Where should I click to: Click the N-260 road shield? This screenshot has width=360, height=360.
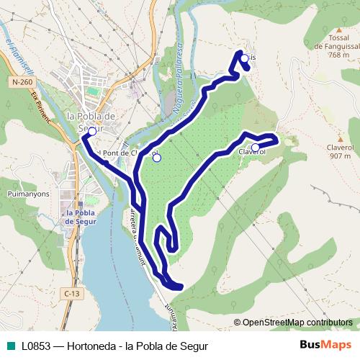coord(22,83)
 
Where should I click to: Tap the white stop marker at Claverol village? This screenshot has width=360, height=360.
coord(255,147)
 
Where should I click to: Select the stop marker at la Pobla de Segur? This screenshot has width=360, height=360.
coord(92,132)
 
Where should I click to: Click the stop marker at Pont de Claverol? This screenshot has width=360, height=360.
coord(157,158)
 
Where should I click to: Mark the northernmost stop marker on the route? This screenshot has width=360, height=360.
coord(244,58)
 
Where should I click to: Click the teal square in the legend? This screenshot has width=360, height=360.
coord(9,344)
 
